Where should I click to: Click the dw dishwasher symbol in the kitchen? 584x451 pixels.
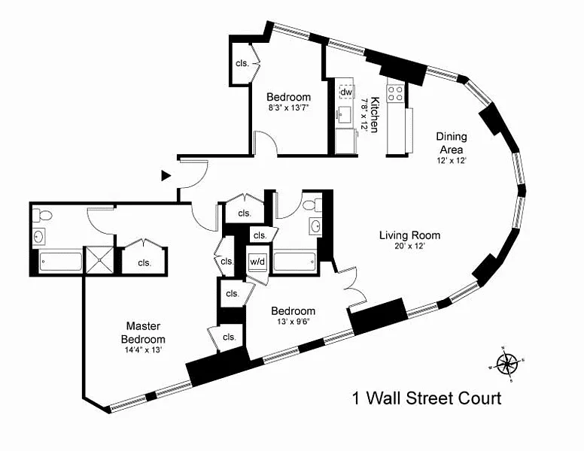click(x=346, y=92)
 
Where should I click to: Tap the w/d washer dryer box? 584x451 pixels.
click(x=257, y=262)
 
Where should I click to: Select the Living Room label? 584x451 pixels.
click(x=409, y=235)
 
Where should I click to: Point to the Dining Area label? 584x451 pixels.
click(x=452, y=142)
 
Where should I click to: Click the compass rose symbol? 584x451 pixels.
click(x=508, y=364)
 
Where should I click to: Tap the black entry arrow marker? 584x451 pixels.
click(x=166, y=175)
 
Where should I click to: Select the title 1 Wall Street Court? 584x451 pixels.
click(x=427, y=398)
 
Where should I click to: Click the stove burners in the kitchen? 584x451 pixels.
click(x=395, y=93)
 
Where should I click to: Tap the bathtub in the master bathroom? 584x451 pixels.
click(x=60, y=263)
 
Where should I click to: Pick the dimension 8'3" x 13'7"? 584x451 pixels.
click(x=289, y=108)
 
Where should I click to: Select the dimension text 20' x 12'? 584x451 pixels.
click(x=409, y=247)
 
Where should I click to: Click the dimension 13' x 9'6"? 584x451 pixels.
click(x=293, y=322)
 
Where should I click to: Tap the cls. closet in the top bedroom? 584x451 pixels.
click(x=242, y=63)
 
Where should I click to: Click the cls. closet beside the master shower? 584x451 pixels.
click(x=143, y=262)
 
